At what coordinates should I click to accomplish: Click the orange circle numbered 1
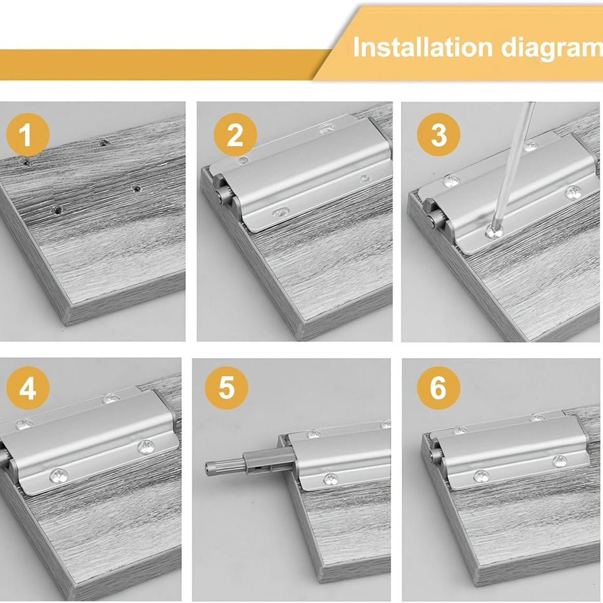28,134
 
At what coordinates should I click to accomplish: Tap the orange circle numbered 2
235,134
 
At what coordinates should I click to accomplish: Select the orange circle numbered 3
438,134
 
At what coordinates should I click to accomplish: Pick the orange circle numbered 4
28,388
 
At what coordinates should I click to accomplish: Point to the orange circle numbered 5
226,388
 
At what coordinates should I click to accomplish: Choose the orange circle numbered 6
438,388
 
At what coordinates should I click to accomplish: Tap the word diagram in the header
552,49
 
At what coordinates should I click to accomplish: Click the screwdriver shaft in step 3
514,165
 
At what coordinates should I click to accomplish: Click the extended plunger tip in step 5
210,467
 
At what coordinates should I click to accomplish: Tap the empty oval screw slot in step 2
281,212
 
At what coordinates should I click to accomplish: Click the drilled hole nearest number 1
25,162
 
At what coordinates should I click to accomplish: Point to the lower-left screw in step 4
59,476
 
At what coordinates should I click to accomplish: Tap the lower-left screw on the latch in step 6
482,476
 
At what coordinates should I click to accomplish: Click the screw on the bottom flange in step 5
331,479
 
